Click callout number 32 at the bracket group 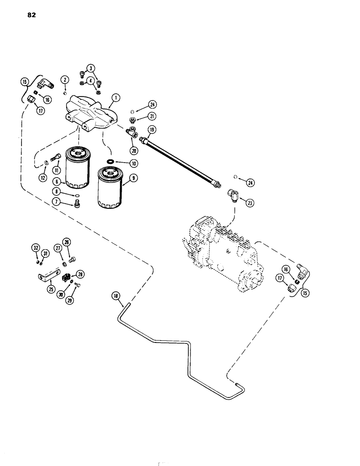(35, 248)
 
